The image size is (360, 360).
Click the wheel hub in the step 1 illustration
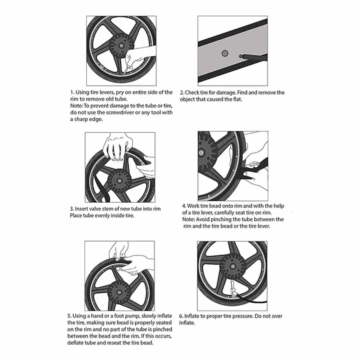120,46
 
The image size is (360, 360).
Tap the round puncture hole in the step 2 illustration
225,54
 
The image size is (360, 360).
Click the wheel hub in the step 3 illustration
120,181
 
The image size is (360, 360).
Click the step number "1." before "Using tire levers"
72,92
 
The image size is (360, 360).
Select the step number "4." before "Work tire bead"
184,206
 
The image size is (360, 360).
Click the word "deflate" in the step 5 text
76,343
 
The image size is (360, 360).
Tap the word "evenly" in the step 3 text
102,216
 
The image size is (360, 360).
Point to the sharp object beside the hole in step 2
252,56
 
